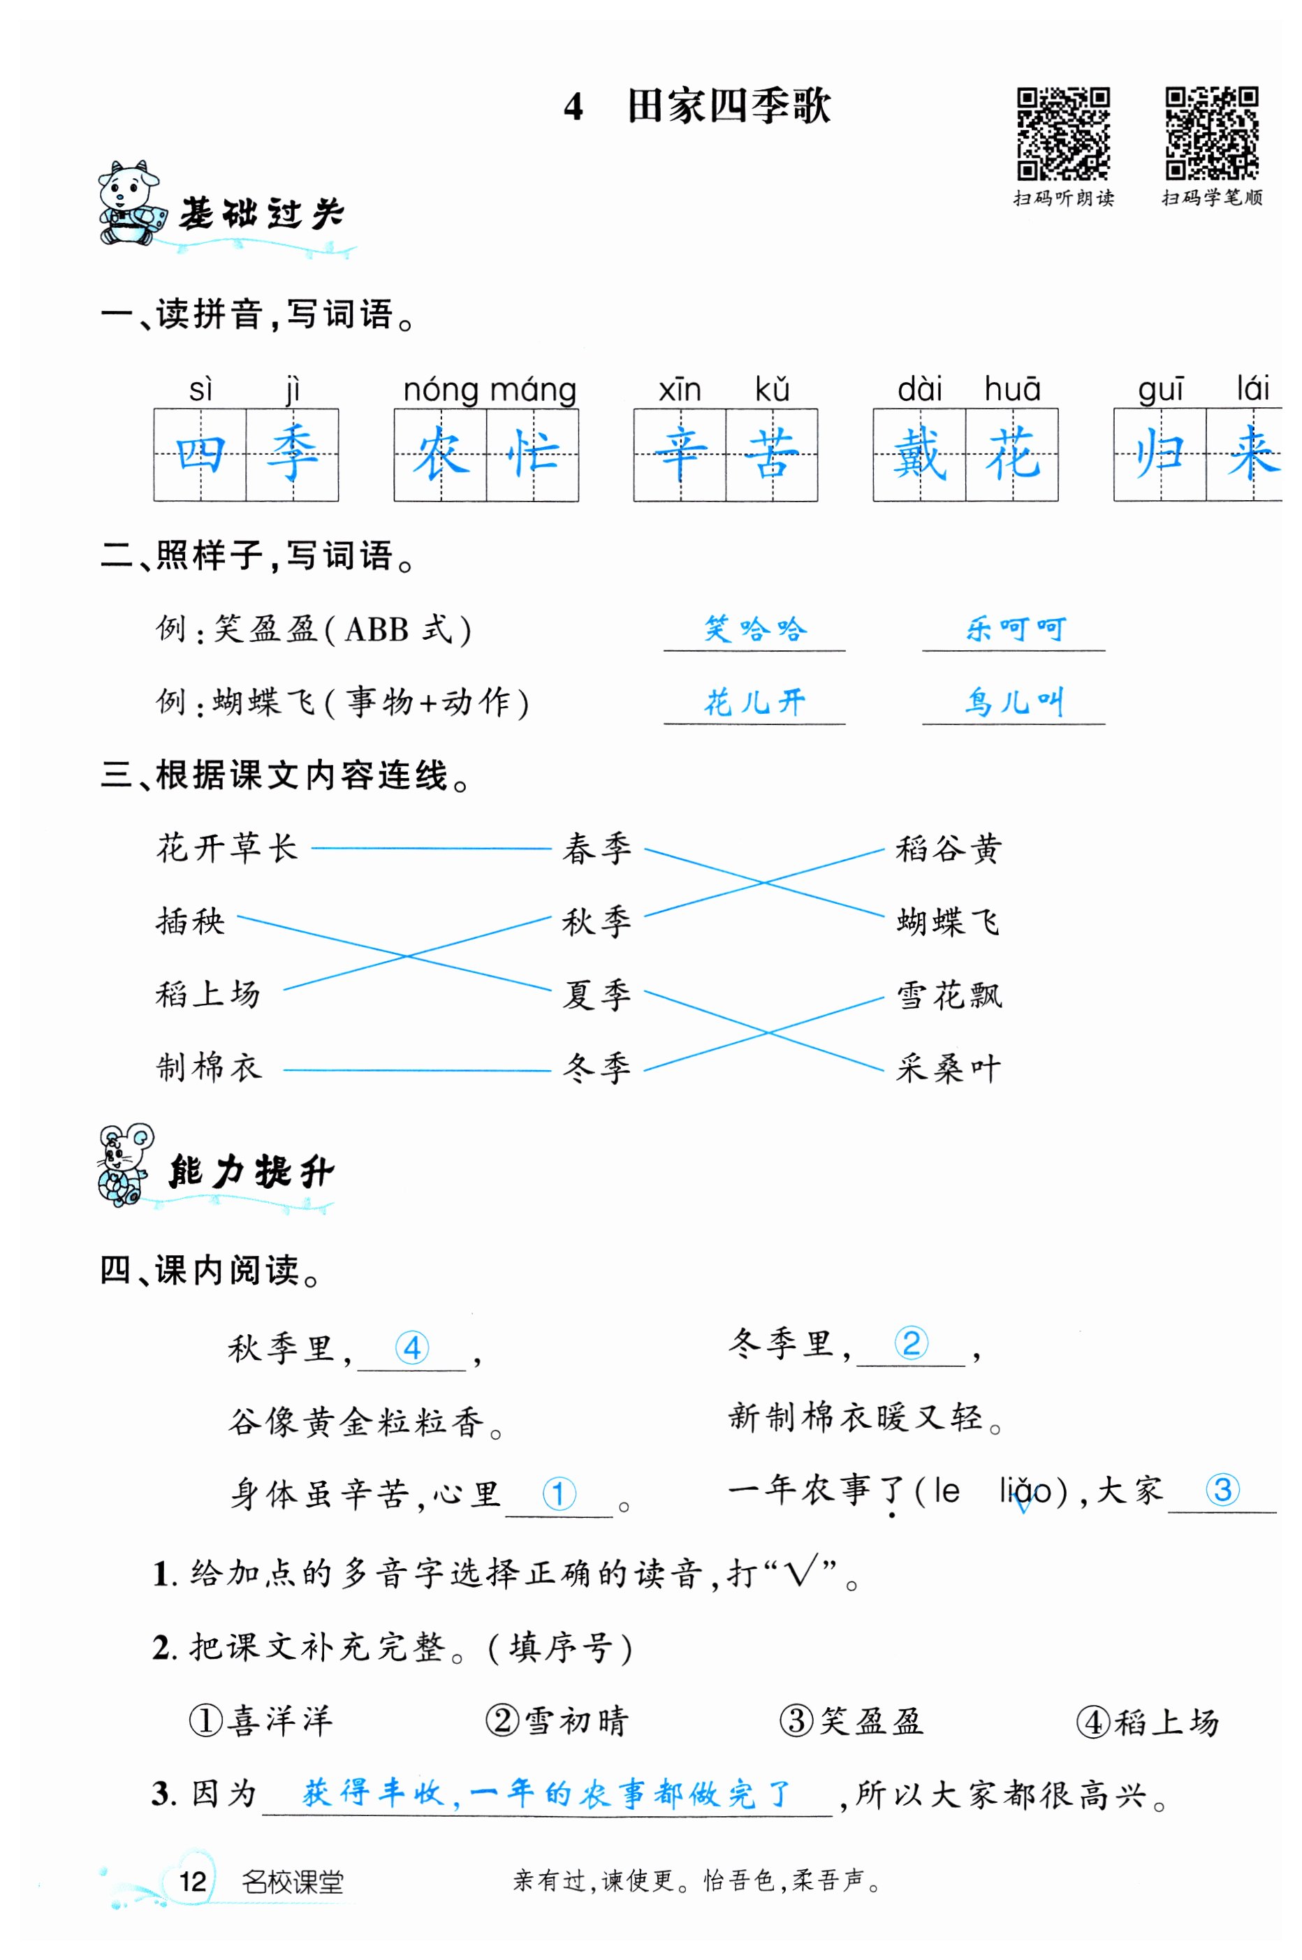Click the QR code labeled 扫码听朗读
pyautogui.click(x=1063, y=133)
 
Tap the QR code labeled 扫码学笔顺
pyautogui.click(x=1210, y=133)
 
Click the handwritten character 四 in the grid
pyautogui.click(x=200, y=455)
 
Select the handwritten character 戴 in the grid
pyautogui.click(x=919, y=455)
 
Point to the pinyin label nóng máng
pyautogui.click(x=489, y=389)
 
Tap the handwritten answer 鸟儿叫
pyautogui.click(x=1013, y=702)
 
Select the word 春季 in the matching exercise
pyautogui.click(x=597, y=849)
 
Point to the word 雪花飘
pyautogui.click(x=949, y=995)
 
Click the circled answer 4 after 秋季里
pyautogui.click(x=412, y=1347)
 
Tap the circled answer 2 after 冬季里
pyautogui.click(x=911, y=1343)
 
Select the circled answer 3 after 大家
pyautogui.click(x=1222, y=1489)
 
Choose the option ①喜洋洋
pyautogui.click(x=261, y=1721)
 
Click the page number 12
pyautogui.click(x=193, y=1881)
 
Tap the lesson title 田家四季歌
pyautogui.click(x=729, y=106)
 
